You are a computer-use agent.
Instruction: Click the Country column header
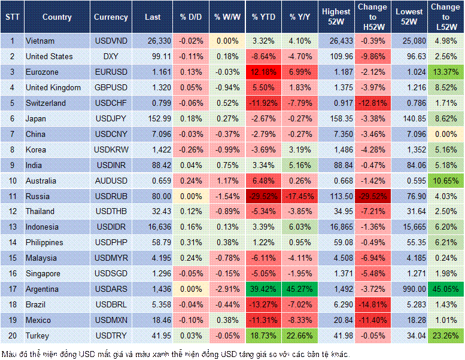point(57,17)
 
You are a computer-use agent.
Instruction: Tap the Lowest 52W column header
point(410,17)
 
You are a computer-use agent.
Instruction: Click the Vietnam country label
point(40,41)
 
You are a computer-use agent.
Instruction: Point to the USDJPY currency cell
point(111,118)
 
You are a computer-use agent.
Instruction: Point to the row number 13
point(11,227)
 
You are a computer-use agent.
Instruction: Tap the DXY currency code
point(111,56)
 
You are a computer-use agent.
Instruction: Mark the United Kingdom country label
point(53,87)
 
